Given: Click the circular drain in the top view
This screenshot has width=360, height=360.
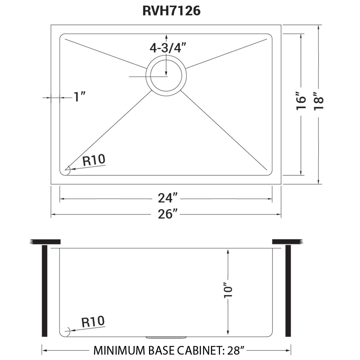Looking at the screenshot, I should pos(166,76).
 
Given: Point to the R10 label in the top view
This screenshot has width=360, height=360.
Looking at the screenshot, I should pos(94,160).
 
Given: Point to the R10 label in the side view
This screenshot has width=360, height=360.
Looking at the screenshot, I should pos(93,321).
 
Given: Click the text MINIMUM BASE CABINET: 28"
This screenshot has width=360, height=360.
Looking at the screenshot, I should pos(169,350).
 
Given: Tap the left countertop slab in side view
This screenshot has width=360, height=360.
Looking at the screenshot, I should pos(46,242).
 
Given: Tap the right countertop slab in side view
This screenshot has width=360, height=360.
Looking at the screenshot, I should pos(287,242).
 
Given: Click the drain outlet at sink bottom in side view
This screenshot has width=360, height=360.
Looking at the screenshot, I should pos(166,337).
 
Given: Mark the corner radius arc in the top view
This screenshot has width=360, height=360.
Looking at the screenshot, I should pos(67,169).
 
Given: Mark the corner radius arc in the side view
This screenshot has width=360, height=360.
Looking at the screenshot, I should pos(67,330).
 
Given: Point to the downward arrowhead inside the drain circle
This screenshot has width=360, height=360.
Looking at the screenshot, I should pos(166,72).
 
